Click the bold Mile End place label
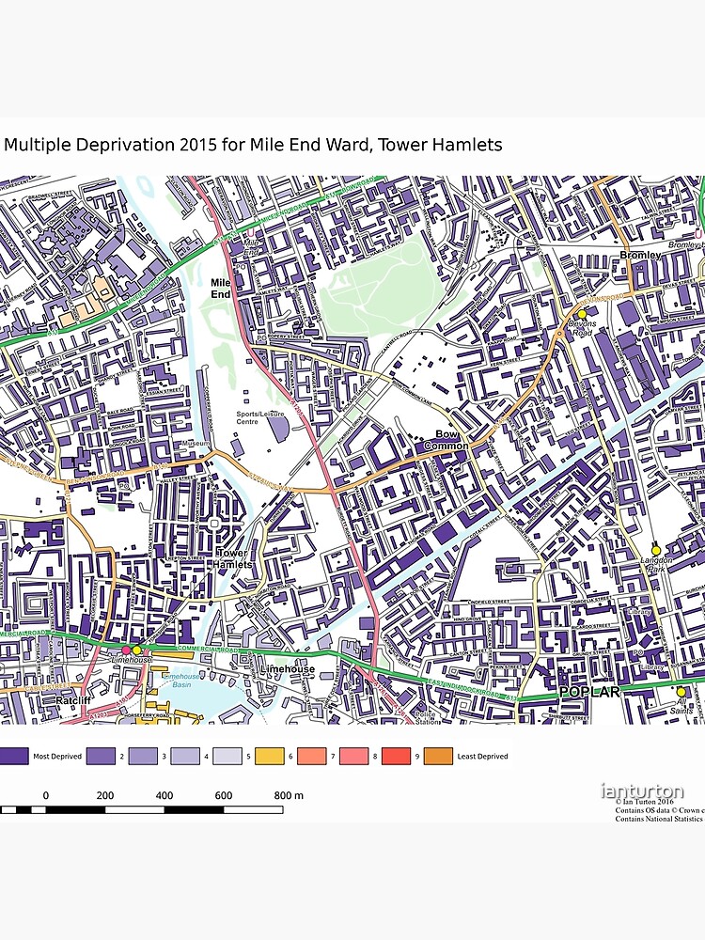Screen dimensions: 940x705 pos(221,288)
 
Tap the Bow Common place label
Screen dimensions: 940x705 pos(452,440)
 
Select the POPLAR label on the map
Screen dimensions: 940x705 pos(589,692)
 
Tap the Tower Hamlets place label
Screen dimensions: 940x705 pos(234,558)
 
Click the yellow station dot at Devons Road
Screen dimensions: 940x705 pos(582,314)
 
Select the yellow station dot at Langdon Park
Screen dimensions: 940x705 pos(656,551)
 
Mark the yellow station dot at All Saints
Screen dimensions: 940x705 pos(681,692)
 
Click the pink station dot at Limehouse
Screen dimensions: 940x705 pos(125,650)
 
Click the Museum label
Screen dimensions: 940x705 pos(196,443)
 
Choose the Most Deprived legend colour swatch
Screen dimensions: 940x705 pos(13,756)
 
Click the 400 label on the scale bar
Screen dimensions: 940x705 pos(164,796)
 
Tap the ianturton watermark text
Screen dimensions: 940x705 pos(642,791)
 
